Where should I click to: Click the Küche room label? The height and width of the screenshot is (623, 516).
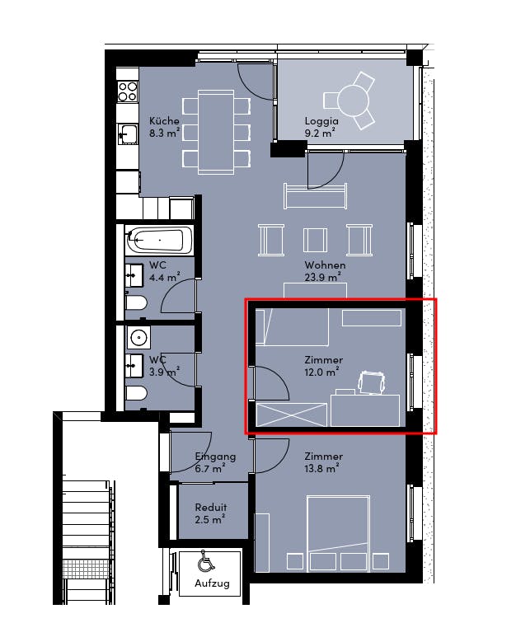click(164, 121)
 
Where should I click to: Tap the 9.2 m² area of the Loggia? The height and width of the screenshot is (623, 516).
click(320, 133)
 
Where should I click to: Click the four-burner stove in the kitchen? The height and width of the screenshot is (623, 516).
click(128, 91)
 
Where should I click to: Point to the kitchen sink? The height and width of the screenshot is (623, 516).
click(128, 133)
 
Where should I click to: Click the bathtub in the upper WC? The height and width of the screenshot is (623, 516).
click(159, 240)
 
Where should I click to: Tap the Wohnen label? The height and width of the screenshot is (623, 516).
click(325, 265)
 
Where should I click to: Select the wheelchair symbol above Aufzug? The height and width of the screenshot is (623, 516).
click(205, 560)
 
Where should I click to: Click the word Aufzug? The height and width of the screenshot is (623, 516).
click(212, 583)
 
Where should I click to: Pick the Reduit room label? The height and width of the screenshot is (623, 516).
click(211, 508)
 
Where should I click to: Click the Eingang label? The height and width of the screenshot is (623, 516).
click(215, 457)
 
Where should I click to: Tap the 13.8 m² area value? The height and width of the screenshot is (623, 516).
click(321, 469)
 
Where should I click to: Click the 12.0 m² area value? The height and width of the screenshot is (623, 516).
click(321, 372)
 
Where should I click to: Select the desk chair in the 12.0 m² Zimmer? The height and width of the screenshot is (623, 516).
click(372, 382)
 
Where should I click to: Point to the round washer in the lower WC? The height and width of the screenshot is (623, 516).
click(139, 338)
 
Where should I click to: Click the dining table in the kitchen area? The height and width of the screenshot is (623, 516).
click(216, 133)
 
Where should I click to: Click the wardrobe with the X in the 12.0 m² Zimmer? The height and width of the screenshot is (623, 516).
click(292, 415)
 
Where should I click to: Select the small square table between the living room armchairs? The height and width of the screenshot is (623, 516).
click(315, 240)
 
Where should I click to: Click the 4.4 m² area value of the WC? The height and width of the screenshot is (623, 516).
click(164, 277)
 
